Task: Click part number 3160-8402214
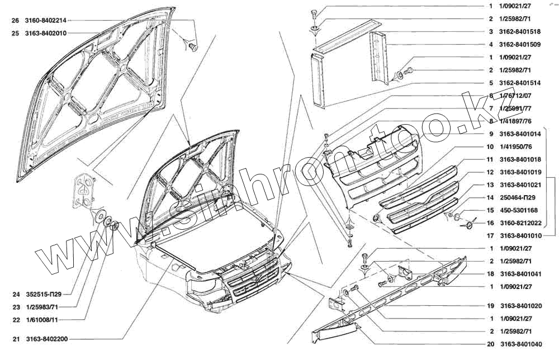pos(46,21)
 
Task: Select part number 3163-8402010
pos(46,34)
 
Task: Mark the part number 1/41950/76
pos(516,146)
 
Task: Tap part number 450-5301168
pos(518,210)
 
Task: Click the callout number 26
pos(15,21)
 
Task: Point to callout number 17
pos(490,236)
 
